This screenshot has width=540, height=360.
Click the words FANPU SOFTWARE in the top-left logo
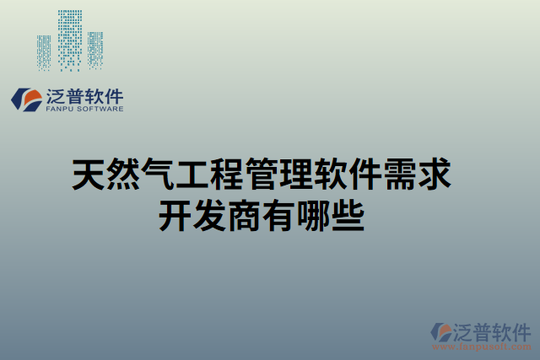coord(84,109)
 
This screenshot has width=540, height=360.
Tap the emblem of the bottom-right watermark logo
coord(441,332)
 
